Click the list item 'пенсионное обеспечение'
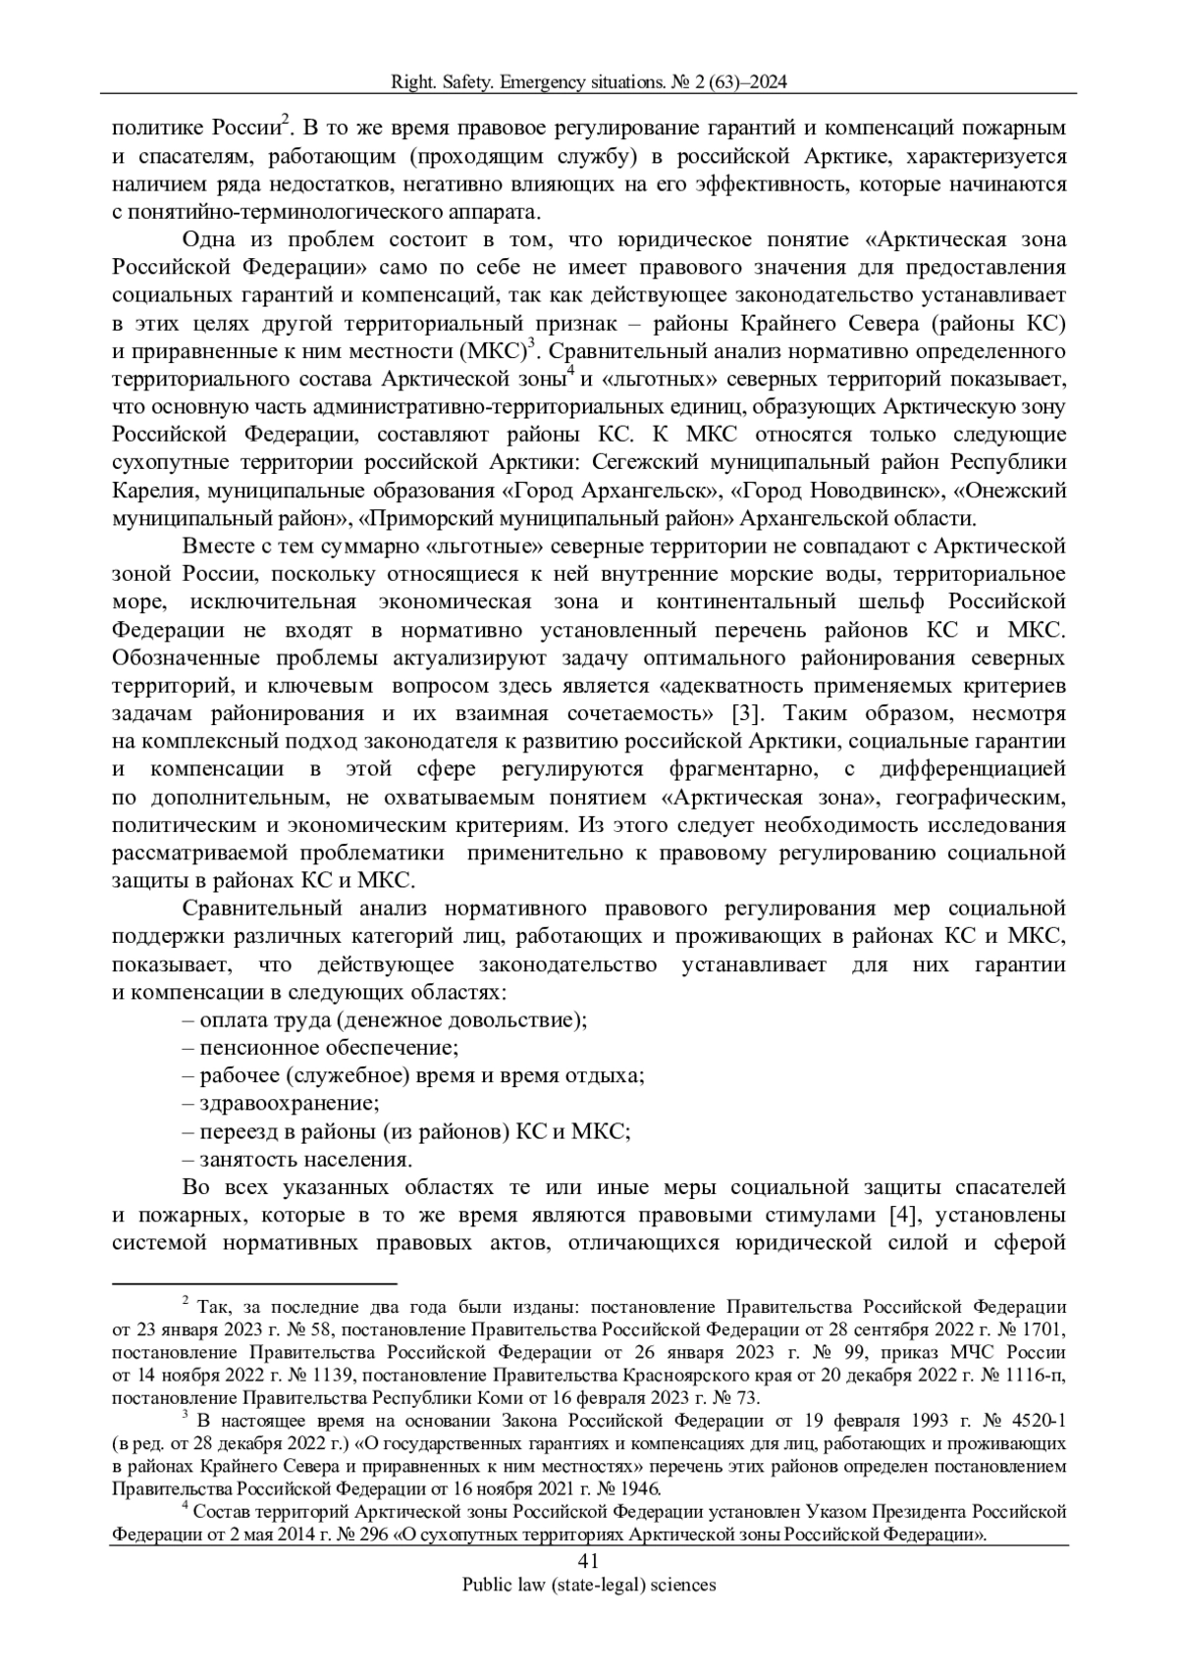(x=320, y=1047)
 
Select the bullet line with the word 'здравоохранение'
(x=281, y=1103)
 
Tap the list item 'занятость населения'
(x=296, y=1159)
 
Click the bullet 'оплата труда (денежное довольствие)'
(x=385, y=1019)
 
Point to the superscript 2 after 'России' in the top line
(x=286, y=120)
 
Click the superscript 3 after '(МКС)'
(x=531, y=343)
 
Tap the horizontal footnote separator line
(x=254, y=1282)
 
